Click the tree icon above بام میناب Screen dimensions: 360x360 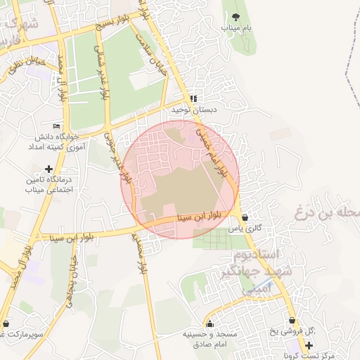coord(236,16)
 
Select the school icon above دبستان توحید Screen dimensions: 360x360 coord(194,98)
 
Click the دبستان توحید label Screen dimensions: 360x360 coord(195,110)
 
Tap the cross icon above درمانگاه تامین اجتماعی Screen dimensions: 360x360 coord(48,169)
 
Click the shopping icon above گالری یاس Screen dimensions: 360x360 coord(244,218)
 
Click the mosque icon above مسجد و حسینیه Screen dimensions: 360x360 coord(210,324)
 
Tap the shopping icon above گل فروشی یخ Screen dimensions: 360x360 coord(292,321)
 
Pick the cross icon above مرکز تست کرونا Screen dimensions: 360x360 coord(309,345)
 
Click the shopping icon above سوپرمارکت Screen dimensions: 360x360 coord(6,324)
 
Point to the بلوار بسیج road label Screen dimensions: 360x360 coord(117,26)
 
